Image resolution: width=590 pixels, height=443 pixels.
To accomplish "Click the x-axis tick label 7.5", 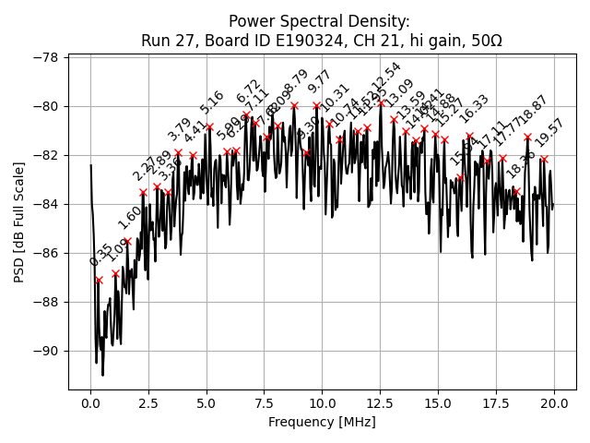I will pos(265,403).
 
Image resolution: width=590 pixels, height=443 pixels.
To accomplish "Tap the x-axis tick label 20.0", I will pos(554,403).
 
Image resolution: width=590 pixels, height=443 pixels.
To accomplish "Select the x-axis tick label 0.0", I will pos(90,403).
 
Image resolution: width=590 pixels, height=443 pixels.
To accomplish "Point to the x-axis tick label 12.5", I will pos(380,403).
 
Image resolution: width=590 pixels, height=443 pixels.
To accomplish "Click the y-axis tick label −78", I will pos(44,57).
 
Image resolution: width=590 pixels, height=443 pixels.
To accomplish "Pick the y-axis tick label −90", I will pos(44,351).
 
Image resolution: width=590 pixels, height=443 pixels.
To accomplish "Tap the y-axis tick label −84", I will pos(44,204).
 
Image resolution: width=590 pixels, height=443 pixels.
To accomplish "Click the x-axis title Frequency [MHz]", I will pos(322,422).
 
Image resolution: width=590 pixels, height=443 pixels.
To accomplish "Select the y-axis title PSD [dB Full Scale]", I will pos(19,221).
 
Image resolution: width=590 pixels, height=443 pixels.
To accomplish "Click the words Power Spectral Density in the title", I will pos(319,21).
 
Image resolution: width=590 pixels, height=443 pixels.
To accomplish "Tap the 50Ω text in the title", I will pos(485,41).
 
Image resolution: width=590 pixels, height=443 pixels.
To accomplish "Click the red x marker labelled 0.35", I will pos(99,280).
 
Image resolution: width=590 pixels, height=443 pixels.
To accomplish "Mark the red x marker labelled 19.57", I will pos(544,159).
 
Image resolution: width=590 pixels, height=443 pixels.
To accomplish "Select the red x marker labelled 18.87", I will pos(528,137).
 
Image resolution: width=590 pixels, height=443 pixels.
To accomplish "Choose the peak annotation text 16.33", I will pos(474,108).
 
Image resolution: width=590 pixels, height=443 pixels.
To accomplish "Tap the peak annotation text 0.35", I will pos(100,256).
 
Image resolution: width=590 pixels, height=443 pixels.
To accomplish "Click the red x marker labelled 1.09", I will pos(115,273).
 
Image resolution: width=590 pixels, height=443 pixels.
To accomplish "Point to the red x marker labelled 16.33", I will pos(469,136).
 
